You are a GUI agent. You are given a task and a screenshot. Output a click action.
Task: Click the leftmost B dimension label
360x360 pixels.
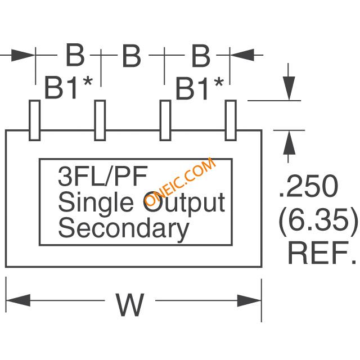pyautogui.click(x=75, y=55)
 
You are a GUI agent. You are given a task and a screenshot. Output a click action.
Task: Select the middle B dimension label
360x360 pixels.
pyautogui.click(x=131, y=55)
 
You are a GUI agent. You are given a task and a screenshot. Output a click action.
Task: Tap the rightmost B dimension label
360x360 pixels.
pyautogui.click(x=200, y=55)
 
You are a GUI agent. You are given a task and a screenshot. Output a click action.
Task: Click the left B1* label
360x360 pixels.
pyautogui.click(x=69, y=88)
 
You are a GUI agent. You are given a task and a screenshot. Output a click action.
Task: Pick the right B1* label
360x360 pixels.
pyautogui.click(x=200, y=88)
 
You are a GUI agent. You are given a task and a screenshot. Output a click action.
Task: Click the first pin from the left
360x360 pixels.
pyautogui.click(x=34, y=120)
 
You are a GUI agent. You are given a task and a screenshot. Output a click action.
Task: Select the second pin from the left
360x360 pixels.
pyautogui.click(x=100, y=120)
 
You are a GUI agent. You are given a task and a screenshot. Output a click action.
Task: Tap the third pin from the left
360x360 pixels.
pyautogui.click(x=165, y=120)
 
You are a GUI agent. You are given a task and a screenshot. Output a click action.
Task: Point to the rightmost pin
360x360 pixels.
pyautogui.click(x=231, y=120)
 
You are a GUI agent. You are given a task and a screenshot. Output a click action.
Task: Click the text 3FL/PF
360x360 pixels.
pyautogui.click(x=102, y=177)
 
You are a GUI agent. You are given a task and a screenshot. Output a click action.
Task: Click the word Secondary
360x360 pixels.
pyautogui.click(x=123, y=228)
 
